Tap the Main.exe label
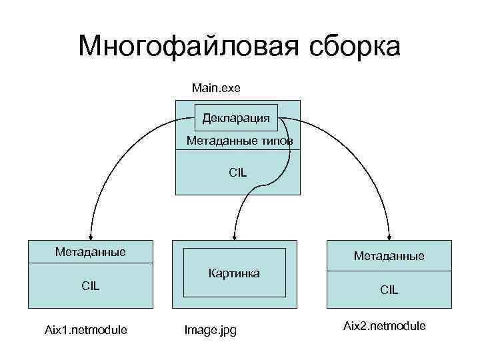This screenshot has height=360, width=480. click(x=215, y=87)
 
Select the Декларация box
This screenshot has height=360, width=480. click(x=237, y=118)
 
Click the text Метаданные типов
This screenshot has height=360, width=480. click(x=239, y=141)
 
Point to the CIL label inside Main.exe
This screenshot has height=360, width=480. click(x=237, y=172)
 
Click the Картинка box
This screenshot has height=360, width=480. click(x=234, y=273)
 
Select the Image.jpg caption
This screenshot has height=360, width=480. click(x=210, y=329)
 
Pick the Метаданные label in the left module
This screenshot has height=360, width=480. click(x=91, y=252)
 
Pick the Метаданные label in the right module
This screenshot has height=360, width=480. click(x=389, y=256)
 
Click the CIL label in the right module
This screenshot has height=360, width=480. click(x=389, y=290)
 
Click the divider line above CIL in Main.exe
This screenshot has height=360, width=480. click(x=237, y=150)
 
